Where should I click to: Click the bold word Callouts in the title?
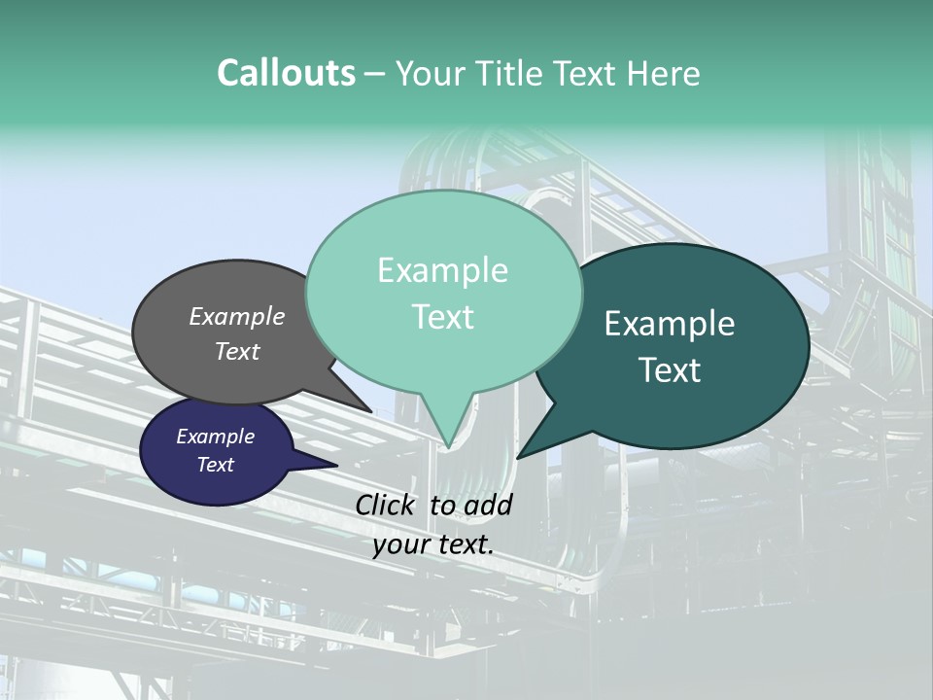click(x=287, y=73)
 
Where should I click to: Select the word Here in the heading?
click(x=665, y=73)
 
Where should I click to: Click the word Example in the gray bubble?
click(x=237, y=316)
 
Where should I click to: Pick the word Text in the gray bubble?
click(x=237, y=351)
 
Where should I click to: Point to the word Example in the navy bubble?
click(x=216, y=437)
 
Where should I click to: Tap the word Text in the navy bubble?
click(x=216, y=465)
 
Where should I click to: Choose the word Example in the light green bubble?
click(x=442, y=270)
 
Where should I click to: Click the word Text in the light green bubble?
click(x=442, y=317)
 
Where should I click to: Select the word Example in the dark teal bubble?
click(x=670, y=324)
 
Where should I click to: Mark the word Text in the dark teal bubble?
click(x=670, y=370)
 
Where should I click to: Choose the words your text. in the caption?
click(x=433, y=544)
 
